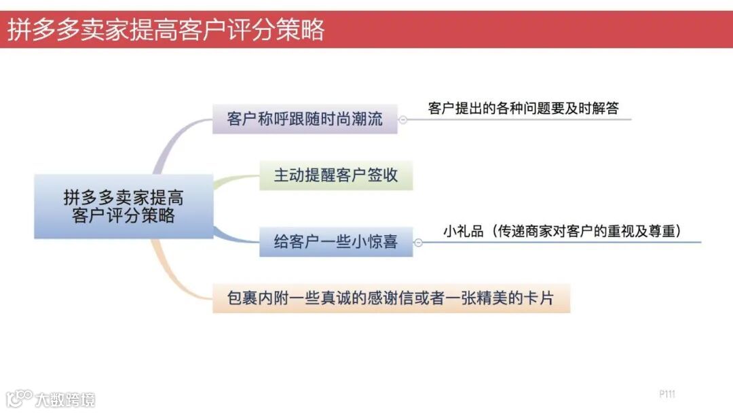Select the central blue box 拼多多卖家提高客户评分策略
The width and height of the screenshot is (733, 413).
click(124, 206)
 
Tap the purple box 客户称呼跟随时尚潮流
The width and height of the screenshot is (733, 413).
click(305, 119)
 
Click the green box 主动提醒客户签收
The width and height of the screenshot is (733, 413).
click(336, 175)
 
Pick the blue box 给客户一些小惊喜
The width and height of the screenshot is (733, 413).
click(336, 242)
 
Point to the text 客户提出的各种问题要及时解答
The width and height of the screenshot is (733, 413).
click(523, 108)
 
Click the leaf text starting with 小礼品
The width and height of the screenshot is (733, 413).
click(562, 231)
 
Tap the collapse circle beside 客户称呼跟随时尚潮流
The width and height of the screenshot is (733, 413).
click(403, 120)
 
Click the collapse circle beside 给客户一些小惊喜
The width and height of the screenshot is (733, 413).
click(419, 243)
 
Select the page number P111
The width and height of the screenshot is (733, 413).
click(667, 394)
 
